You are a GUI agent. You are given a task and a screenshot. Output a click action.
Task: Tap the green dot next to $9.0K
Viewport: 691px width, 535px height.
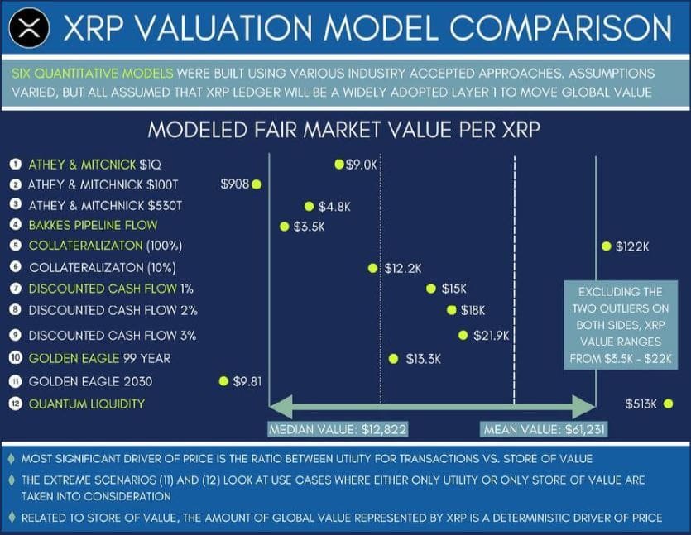[339, 164]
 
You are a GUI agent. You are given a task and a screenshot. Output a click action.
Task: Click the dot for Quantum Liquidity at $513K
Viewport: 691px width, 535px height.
[668, 404]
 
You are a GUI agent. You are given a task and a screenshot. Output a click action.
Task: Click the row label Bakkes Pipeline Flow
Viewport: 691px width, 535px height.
[93, 225]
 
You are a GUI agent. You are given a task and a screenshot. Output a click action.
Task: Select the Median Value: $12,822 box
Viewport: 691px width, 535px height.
[338, 429]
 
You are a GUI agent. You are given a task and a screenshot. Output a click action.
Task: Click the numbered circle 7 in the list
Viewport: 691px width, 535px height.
[16, 289]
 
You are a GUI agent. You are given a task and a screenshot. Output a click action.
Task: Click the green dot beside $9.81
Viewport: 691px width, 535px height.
[223, 381]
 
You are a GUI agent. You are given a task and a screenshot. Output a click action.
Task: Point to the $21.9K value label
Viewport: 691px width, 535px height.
[491, 336]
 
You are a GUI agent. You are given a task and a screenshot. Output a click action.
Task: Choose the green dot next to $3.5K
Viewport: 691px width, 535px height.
[285, 227]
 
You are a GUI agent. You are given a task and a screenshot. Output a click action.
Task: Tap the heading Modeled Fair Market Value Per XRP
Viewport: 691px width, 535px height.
[344, 131]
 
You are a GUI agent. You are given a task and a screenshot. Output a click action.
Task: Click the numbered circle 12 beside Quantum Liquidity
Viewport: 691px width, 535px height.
[16, 404]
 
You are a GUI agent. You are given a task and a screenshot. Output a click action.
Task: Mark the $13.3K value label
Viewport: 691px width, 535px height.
[423, 359]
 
